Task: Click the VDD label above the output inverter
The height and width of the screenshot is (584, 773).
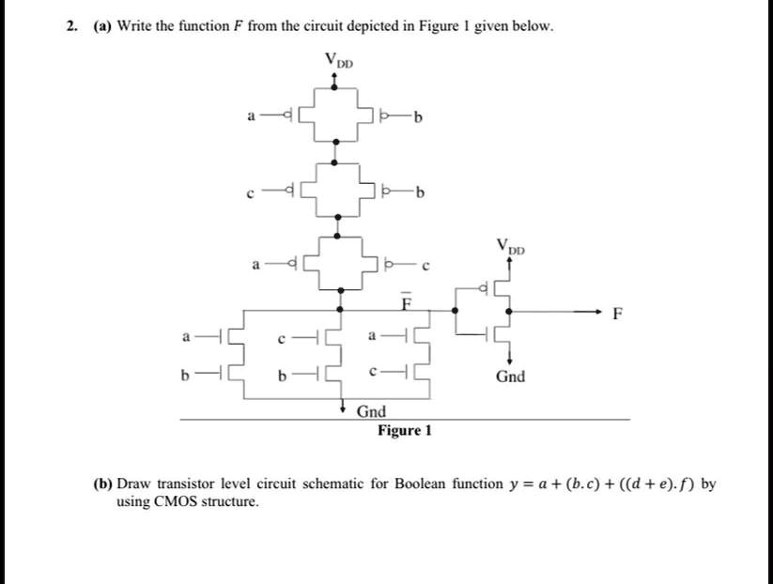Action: coord(512,250)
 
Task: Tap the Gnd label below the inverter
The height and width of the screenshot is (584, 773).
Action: coord(511,377)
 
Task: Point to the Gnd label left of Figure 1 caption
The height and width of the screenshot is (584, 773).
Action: coord(371,411)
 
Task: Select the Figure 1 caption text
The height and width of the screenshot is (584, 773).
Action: coord(405,430)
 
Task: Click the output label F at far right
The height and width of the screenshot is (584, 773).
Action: coord(616,314)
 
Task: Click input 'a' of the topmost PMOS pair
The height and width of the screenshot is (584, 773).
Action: coord(250,116)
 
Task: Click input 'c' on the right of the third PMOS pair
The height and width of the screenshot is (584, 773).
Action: coord(425,267)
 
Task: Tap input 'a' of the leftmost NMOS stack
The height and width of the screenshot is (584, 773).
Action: coord(187,336)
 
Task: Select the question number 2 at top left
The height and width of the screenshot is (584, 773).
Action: coord(71,26)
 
